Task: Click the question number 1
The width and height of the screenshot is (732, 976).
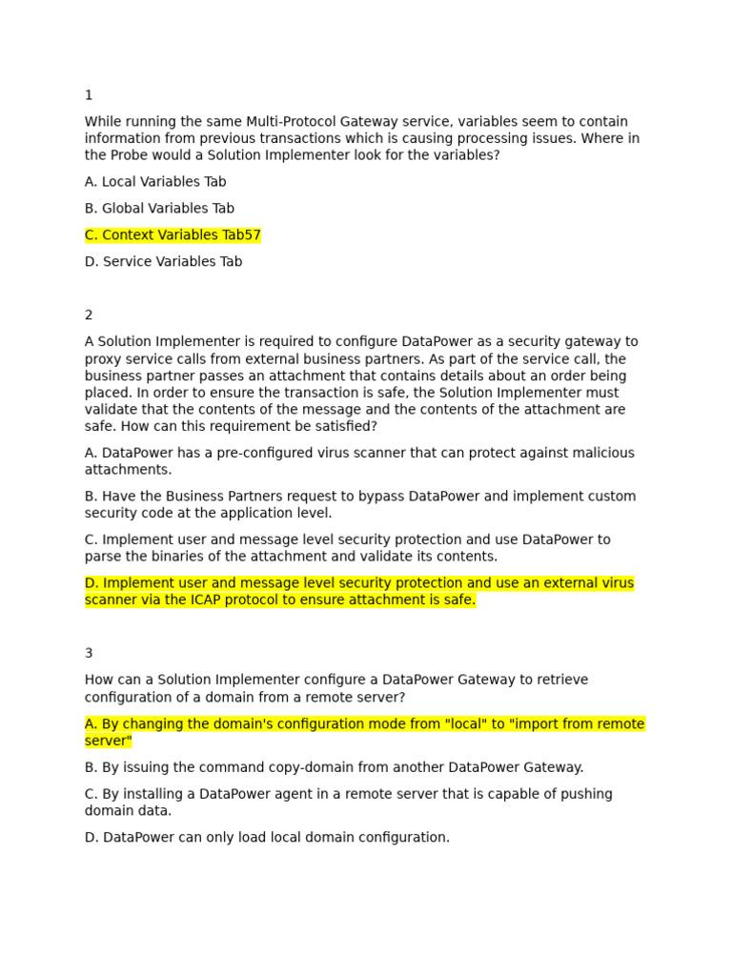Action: tap(89, 95)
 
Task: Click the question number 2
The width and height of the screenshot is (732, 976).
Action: tap(89, 315)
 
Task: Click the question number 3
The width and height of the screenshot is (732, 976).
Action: tap(89, 654)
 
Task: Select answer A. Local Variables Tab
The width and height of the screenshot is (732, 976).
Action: tap(155, 182)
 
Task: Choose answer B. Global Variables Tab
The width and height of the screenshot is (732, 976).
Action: tap(159, 209)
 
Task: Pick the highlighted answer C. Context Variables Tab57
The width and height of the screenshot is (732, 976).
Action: tap(173, 235)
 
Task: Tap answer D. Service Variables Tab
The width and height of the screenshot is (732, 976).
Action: tap(163, 262)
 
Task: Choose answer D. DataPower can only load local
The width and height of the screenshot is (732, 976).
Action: tap(267, 838)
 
